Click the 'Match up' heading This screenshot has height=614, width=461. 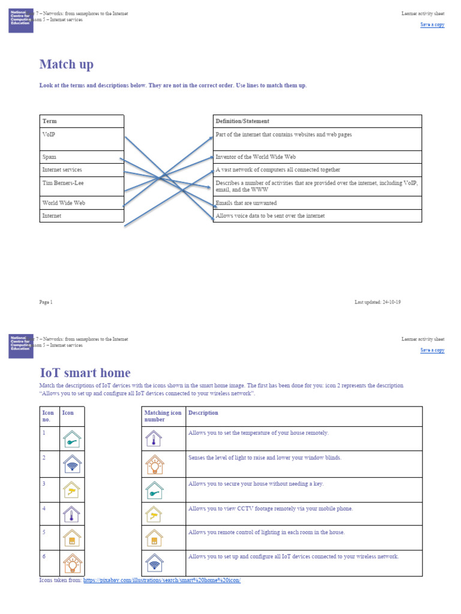(x=66, y=64)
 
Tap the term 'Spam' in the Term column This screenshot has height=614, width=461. (x=49, y=157)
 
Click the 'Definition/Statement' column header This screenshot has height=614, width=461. (x=243, y=121)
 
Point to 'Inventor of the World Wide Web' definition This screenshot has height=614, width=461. (x=256, y=157)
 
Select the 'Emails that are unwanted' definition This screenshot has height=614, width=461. (x=246, y=203)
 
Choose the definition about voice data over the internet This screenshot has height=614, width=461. (x=270, y=216)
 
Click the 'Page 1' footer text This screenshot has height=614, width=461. (x=46, y=302)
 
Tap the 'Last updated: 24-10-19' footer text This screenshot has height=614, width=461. (x=378, y=302)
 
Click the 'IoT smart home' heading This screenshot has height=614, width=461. (x=85, y=373)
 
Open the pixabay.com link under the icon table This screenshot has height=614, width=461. (x=161, y=580)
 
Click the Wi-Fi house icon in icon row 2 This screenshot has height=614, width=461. (x=72, y=464)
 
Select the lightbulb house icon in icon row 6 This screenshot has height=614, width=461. (x=72, y=564)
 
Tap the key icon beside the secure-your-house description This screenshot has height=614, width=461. (x=154, y=490)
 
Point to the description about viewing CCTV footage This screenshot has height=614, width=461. (x=271, y=508)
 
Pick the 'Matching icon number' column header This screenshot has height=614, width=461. (x=162, y=416)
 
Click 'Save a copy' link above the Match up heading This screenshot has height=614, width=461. (x=432, y=25)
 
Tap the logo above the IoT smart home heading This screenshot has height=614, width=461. (x=21, y=346)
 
